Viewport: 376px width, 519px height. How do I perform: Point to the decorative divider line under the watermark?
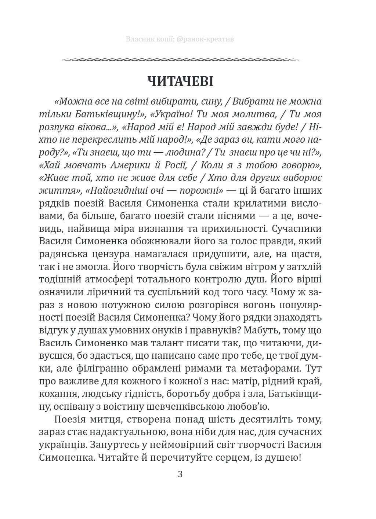180,59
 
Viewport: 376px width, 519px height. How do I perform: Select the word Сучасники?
294,229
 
